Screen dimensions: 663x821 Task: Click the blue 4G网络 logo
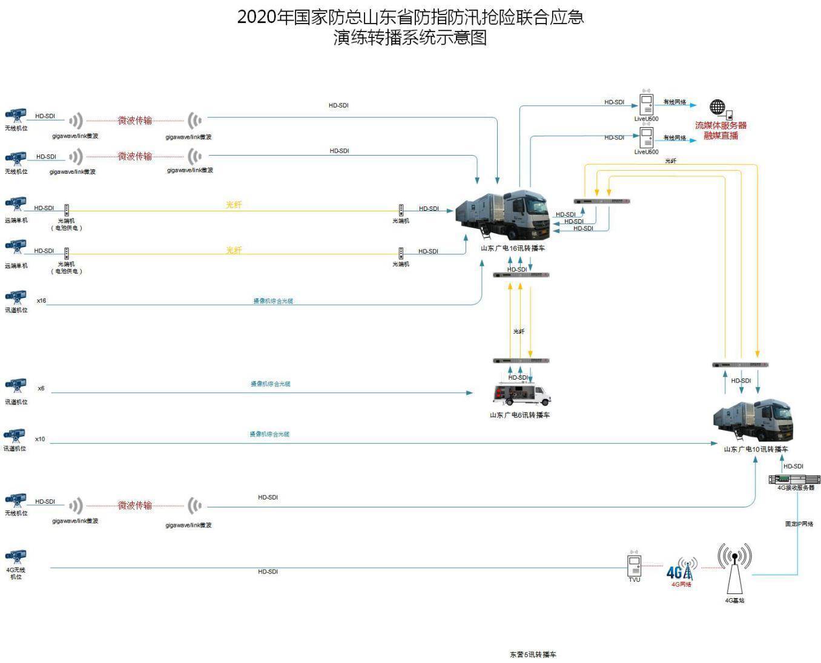681,570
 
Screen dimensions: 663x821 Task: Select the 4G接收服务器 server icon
794,479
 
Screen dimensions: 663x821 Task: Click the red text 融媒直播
720,136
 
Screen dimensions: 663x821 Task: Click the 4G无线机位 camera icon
16,556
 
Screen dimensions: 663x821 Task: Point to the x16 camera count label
41,301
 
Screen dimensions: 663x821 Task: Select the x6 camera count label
41,389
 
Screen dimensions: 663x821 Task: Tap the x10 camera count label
40,440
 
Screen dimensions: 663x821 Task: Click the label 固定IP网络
799,524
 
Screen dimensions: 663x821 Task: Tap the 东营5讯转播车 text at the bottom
533,655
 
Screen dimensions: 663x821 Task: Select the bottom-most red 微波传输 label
135,506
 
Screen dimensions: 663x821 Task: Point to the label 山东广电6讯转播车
519,415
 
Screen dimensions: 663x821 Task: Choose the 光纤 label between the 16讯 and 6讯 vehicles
519,332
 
